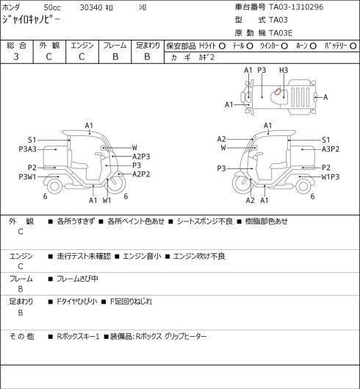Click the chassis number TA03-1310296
click(296, 7)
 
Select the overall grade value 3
click(16, 57)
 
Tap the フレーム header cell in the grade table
click(115, 46)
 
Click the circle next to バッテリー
click(353, 46)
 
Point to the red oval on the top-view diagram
click(278, 91)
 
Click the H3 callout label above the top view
click(284, 71)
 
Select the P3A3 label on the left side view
click(27, 149)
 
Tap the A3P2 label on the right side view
click(331, 149)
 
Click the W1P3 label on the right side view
click(331, 177)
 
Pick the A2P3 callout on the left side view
click(141, 157)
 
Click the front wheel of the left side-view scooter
click(116, 184)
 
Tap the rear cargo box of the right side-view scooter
click(303, 157)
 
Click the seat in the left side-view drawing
click(79, 165)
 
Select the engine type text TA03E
click(281, 33)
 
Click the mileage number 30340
click(91, 7)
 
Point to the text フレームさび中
click(77, 279)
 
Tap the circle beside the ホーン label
click(313, 46)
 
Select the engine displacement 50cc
click(52, 7)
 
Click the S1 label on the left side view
click(32, 140)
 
